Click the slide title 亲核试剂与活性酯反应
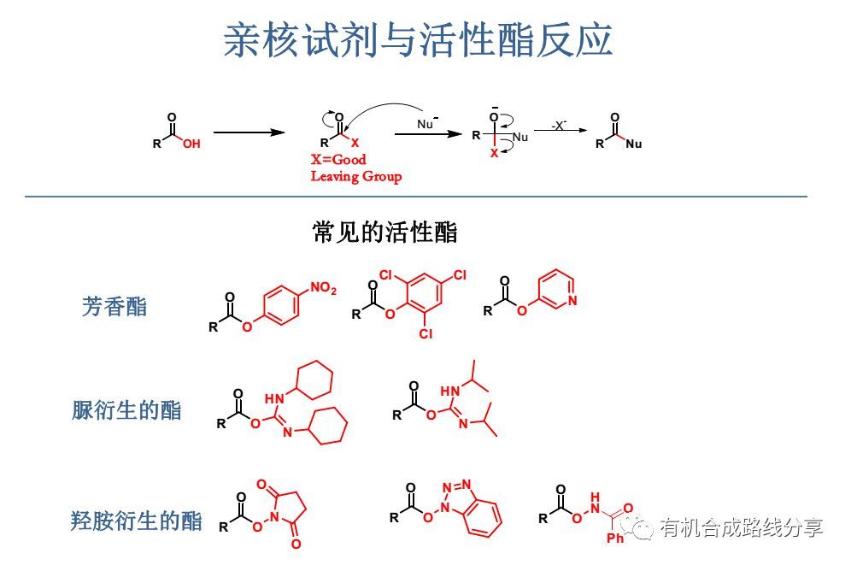tap(418, 40)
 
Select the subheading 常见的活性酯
tap(384, 232)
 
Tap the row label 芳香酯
tap(114, 307)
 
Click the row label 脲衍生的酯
tap(126, 410)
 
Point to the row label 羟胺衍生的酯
tap(137, 520)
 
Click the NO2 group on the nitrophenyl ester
tap(323, 291)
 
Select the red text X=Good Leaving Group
tap(355, 168)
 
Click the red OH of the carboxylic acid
tap(191, 144)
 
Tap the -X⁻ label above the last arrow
tap(558, 125)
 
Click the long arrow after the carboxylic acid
tap(248, 132)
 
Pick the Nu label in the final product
tap(633, 144)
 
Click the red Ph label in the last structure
tap(616, 539)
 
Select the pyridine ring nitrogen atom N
tap(572, 300)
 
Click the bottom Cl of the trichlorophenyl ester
tap(425, 334)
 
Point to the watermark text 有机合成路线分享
tap(742, 527)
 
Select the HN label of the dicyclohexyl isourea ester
tap(274, 398)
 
